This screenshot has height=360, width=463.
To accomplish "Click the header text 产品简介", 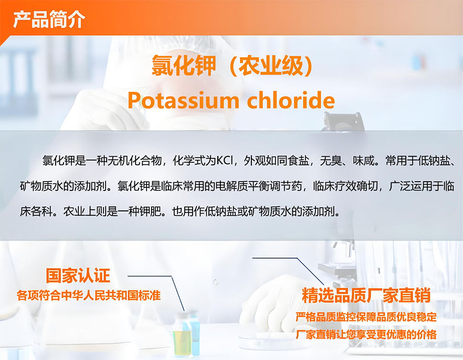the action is coord(49,19).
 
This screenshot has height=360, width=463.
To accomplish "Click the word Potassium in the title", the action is coord(183,100).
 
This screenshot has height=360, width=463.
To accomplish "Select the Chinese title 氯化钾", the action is coord(184,66).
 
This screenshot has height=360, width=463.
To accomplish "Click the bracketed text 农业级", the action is coord(271,66).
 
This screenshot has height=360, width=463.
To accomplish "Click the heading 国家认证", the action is coord(78,276).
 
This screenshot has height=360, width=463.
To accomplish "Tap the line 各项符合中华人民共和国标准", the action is coord(89,295).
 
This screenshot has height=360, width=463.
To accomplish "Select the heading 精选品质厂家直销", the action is coord(366,295).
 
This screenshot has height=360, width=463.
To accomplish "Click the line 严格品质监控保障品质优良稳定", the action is coord(366,317).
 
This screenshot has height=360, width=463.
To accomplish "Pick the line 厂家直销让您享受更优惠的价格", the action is coord(366,335).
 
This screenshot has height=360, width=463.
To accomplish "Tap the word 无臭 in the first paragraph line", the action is coord(331,161).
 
